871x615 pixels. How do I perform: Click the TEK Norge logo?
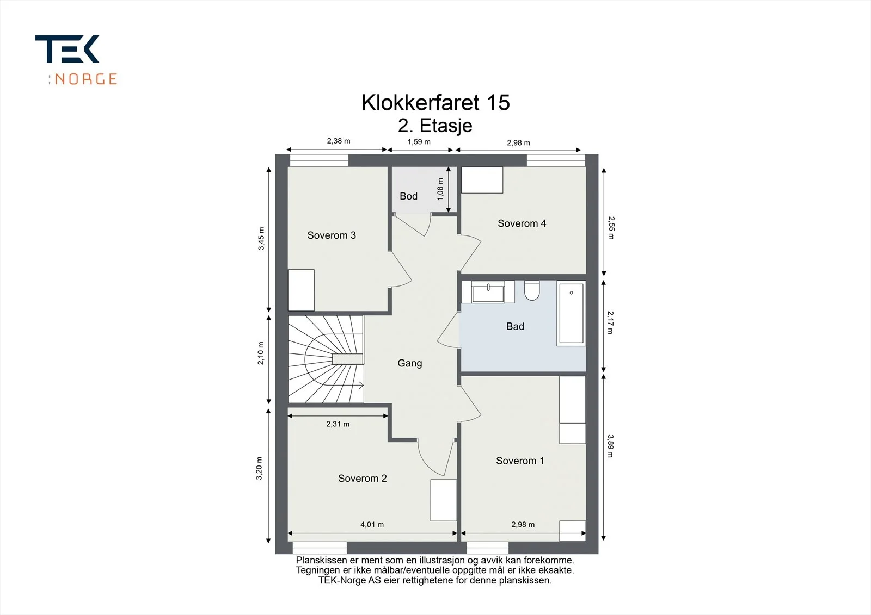[x=76, y=60]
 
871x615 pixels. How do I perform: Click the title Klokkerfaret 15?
[x=436, y=103]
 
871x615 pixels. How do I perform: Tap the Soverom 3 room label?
[x=332, y=235]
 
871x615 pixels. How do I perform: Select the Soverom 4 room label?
[x=522, y=223]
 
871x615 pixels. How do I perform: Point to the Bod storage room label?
[x=408, y=196]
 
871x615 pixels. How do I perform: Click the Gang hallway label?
[x=409, y=363]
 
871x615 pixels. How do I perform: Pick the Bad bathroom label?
[x=515, y=326]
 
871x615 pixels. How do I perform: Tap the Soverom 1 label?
[x=520, y=461]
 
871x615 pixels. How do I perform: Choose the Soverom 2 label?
[x=363, y=479]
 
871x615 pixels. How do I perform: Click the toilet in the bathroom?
[x=531, y=290]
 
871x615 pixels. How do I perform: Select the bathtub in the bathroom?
[x=571, y=313]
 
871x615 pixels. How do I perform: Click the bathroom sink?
[x=488, y=292]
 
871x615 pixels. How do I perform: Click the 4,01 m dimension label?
[x=372, y=525]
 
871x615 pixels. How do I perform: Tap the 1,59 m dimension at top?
[x=419, y=142]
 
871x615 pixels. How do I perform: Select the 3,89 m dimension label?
[x=610, y=446]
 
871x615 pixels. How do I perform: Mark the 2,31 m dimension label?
[x=338, y=424]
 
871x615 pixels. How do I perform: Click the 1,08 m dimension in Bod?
[x=440, y=189]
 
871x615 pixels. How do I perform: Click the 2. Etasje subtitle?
[x=435, y=126]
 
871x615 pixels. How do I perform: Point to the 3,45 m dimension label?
[x=261, y=239]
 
